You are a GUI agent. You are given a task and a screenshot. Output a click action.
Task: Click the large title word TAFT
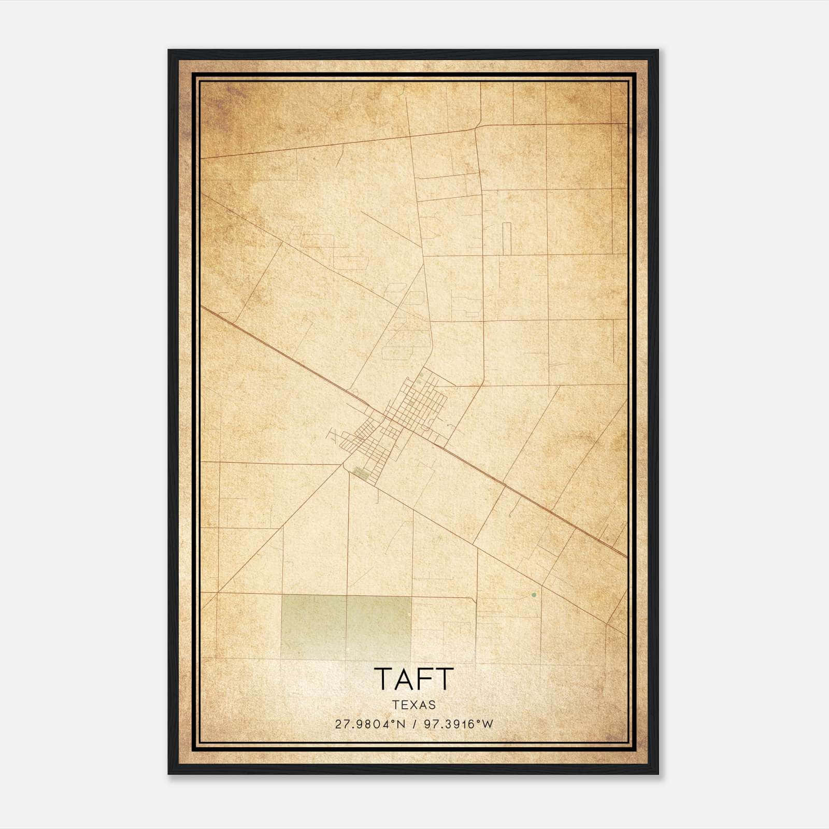413,679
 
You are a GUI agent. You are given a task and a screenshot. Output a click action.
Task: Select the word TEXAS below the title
414,705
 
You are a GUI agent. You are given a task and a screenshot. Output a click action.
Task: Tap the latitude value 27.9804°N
370,724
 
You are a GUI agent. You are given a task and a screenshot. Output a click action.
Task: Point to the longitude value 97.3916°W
459,724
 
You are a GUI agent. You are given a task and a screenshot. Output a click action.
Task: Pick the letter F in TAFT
423,679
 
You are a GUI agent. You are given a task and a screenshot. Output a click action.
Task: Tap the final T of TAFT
445,679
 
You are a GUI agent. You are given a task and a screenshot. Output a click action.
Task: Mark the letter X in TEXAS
414,705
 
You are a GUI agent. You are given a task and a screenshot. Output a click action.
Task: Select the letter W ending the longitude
488,724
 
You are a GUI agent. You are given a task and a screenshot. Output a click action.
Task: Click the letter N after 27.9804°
401,724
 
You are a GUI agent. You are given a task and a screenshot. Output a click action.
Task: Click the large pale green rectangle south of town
346,627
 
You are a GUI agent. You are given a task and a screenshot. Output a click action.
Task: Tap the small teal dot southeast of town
534,595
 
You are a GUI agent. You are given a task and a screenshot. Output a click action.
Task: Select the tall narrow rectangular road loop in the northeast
507,238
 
